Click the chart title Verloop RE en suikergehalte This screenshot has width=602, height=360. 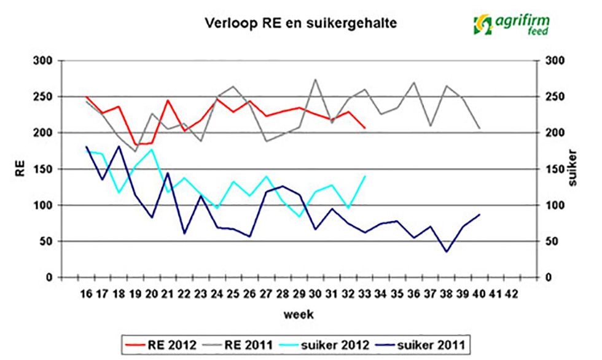coord(300,24)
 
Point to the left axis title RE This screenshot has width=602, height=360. coord(20,169)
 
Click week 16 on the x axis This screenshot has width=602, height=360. coord(87,293)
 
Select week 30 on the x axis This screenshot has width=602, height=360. coord(316,293)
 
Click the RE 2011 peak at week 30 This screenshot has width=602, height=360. coord(316,79)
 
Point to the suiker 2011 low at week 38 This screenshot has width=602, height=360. coord(447,251)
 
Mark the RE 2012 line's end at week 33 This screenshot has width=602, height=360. coord(365,128)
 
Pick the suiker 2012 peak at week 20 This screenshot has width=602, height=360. coord(152,149)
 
